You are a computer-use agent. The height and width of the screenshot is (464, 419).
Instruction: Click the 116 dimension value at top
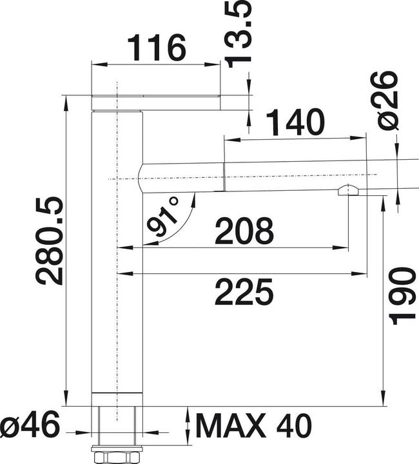157,48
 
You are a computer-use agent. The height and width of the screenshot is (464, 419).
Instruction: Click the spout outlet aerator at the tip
347,190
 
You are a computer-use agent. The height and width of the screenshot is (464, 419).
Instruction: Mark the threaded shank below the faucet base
117,425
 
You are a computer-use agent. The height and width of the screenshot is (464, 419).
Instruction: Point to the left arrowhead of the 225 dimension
122,274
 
